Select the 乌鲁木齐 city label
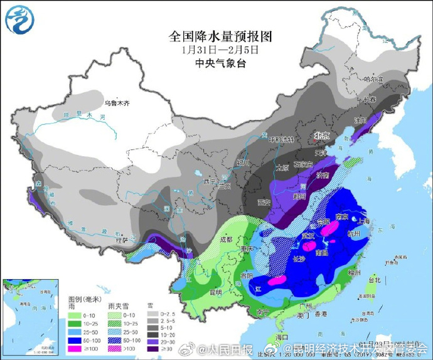[116, 102]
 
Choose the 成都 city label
[226, 239]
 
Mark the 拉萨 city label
[121, 240]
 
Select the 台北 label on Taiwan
[374, 280]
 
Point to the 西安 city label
[263, 202]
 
